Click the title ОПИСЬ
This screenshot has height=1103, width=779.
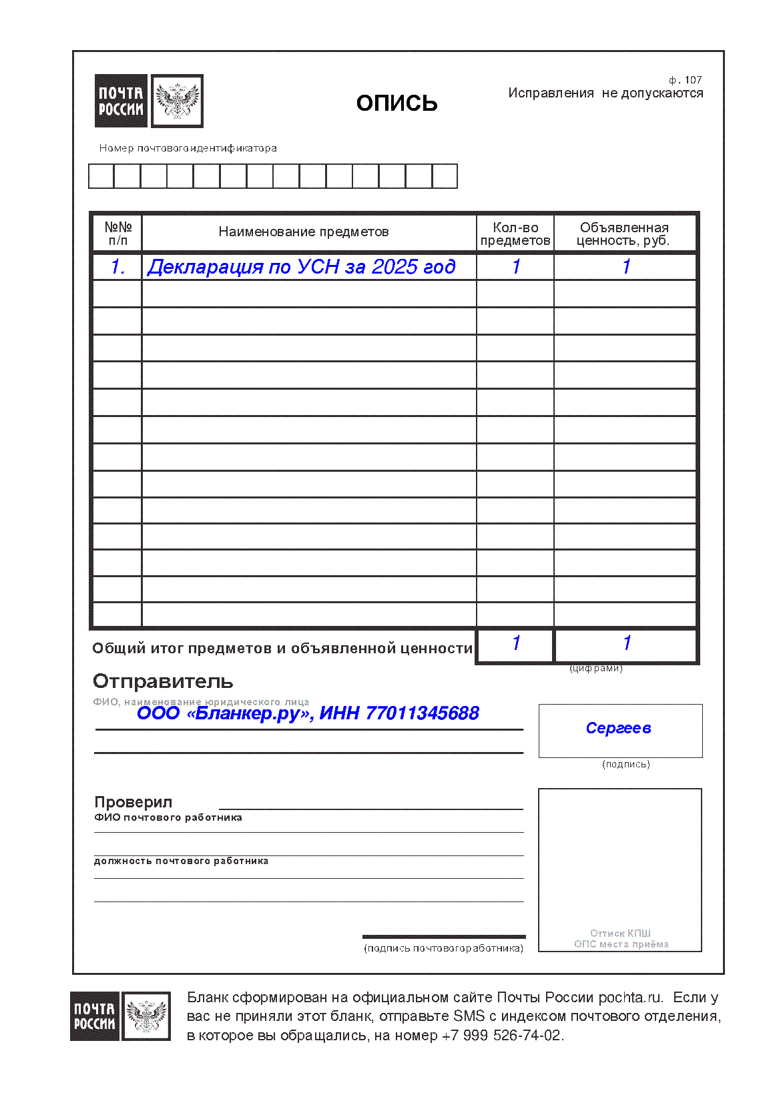point(397,103)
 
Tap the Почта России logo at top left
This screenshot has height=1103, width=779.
point(149,101)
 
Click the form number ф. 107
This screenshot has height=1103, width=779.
point(685,80)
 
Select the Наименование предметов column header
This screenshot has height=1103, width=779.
point(303,232)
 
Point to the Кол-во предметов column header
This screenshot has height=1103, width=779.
point(515,234)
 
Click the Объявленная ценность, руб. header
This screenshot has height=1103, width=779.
point(623,234)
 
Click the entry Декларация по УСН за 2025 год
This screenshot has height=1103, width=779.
point(301,267)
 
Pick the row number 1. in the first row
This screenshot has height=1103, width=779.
point(117,267)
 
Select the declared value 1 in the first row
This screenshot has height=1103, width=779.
point(626,267)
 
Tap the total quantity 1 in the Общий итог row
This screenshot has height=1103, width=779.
point(516,643)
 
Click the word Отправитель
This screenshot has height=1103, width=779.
point(163,681)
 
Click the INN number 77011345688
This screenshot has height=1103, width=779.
point(422,713)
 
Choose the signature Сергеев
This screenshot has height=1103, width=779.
point(618,728)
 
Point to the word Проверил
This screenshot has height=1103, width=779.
point(133,802)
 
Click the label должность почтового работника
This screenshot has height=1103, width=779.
point(181,861)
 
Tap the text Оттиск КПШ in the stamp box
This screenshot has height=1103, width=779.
point(620,933)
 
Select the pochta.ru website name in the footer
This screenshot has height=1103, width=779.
point(629,998)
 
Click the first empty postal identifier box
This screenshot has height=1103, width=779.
point(101,176)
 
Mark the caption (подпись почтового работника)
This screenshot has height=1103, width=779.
point(443,948)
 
